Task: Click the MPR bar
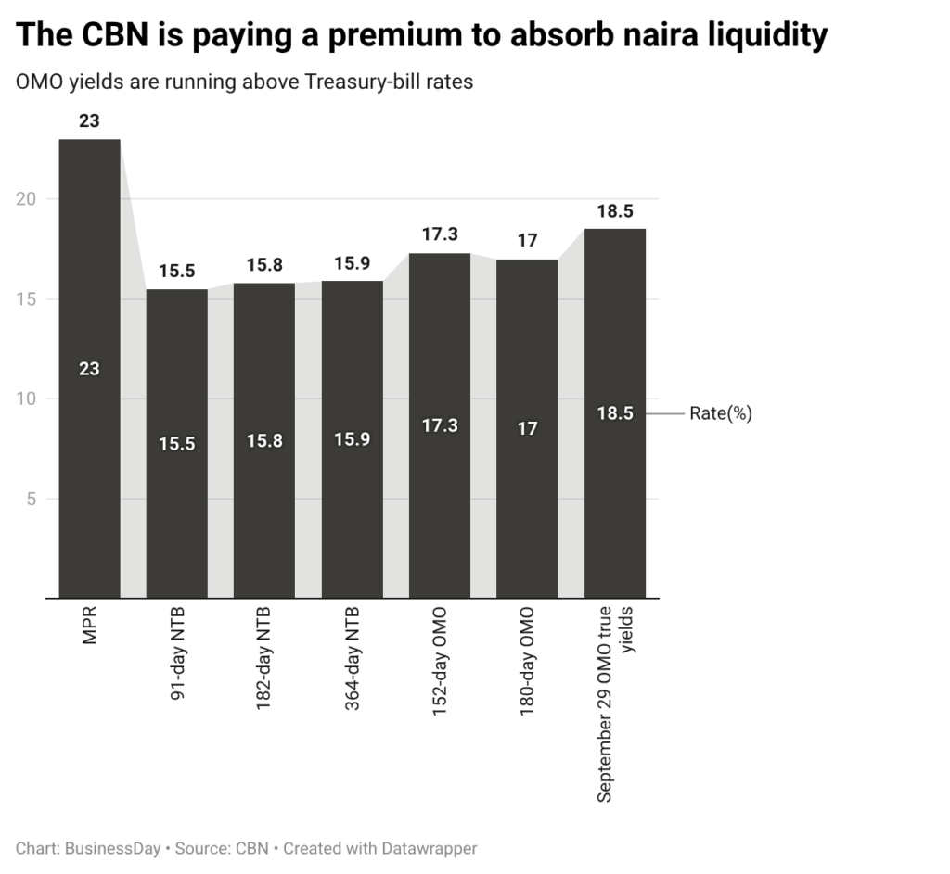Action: point(90,369)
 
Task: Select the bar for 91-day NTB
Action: point(177,444)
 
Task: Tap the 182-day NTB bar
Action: point(264,440)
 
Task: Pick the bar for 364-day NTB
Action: point(352,439)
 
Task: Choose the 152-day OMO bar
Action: point(440,425)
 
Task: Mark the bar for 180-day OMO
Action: point(527,428)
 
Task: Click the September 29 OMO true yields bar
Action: point(615,413)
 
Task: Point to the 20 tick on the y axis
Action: point(26,199)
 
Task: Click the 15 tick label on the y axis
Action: point(26,299)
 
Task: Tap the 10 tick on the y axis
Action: point(26,399)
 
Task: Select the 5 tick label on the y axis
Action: point(32,499)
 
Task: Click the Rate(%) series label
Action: point(721,413)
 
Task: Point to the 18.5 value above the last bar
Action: point(615,211)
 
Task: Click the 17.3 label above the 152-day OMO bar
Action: point(440,234)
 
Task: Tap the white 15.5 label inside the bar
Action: point(177,444)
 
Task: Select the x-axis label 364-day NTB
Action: point(352,659)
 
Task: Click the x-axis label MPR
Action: point(90,626)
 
